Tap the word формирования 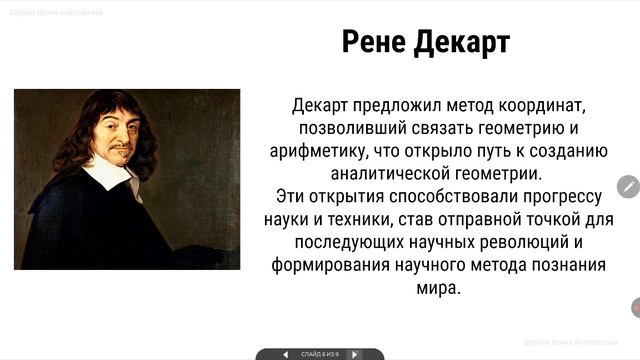(x=323, y=265)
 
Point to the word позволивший (x=347, y=128)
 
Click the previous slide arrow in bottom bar (x=286, y=354)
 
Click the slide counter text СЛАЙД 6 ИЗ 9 (x=320, y=354)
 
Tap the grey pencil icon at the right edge (x=629, y=186)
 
